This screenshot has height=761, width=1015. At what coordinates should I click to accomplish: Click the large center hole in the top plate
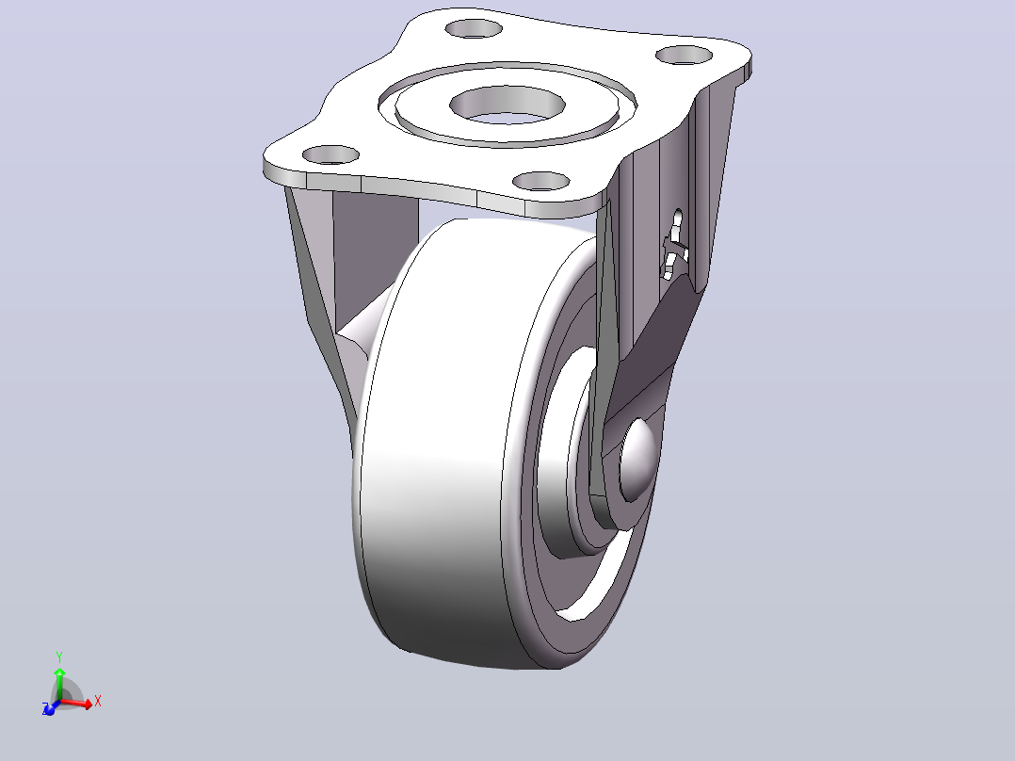pyautogui.click(x=507, y=105)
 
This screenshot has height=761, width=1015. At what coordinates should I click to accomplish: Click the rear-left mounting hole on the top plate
pyautogui.click(x=474, y=28)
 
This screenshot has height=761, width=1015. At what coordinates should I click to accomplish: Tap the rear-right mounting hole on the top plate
pyautogui.click(x=684, y=55)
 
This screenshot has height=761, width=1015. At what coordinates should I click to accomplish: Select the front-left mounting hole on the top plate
pyautogui.click(x=330, y=154)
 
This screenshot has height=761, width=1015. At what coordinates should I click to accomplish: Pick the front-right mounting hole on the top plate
pyautogui.click(x=541, y=182)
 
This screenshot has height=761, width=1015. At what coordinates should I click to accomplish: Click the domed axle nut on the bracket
pyautogui.click(x=637, y=459)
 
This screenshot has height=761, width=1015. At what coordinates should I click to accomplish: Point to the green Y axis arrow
pyautogui.click(x=59, y=677)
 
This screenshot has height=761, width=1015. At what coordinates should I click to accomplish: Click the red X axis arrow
pyautogui.click(x=76, y=703)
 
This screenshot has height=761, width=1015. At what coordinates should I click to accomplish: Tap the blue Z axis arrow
pyautogui.click(x=50, y=708)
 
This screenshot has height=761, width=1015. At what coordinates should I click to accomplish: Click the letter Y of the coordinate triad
pyautogui.click(x=59, y=656)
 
